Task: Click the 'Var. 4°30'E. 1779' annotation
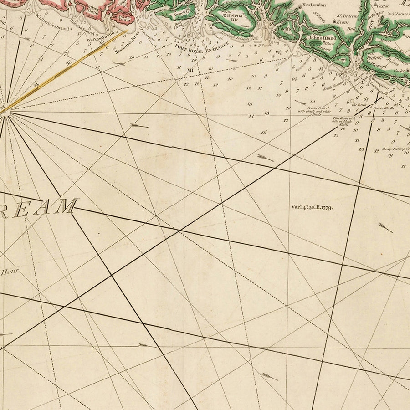tap(312, 207)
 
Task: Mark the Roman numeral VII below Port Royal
tap(190, 70)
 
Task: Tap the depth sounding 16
tap(263, 133)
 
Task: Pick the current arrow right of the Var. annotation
tap(385, 227)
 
